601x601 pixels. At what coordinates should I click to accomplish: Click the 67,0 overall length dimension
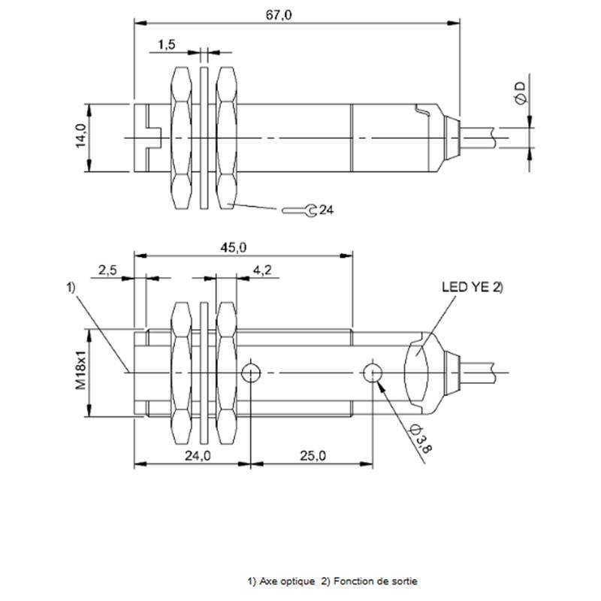click(279, 15)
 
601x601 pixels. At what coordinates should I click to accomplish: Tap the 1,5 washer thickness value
click(167, 44)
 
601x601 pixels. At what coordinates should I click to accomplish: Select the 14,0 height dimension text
click(81, 136)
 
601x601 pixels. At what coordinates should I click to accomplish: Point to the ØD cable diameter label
click(521, 92)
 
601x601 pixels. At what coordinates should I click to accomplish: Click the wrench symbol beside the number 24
click(299, 210)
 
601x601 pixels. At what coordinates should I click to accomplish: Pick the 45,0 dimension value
click(234, 248)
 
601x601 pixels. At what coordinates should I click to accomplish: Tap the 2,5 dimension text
click(107, 270)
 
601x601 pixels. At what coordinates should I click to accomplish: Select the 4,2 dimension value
click(262, 270)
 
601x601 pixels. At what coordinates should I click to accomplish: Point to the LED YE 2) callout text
click(473, 287)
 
